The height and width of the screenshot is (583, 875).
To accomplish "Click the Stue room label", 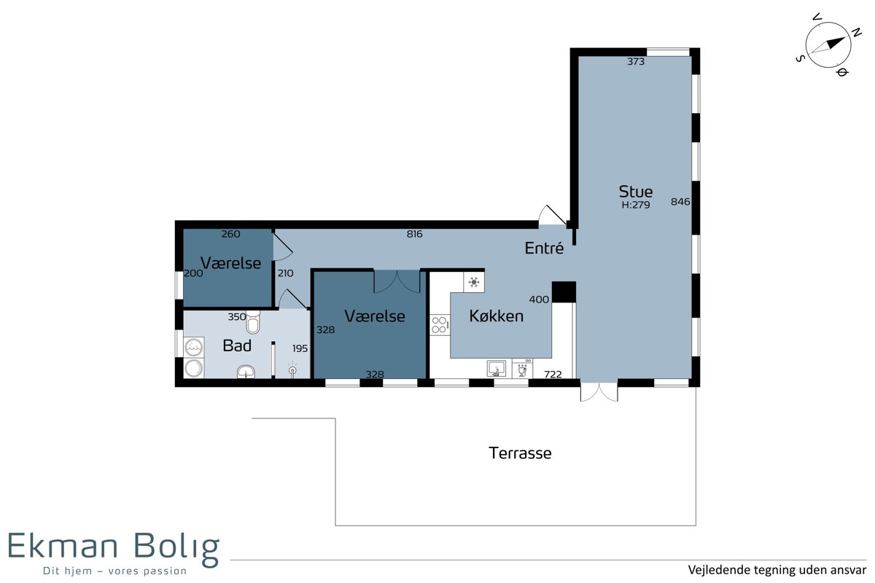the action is pyautogui.click(x=636, y=192).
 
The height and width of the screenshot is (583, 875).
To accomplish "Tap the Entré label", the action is pyautogui.click(x=544, y=248).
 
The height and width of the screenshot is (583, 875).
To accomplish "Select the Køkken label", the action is pyautogui.click(x=496, y=316).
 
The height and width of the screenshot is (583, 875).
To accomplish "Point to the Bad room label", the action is pyautogui.click(x=237, y=345).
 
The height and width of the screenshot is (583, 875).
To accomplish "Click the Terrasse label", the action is pyautogui.click(x=520, y=453).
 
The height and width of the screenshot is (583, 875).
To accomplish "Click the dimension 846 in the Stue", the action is pyautogui.click(x=680, y=201).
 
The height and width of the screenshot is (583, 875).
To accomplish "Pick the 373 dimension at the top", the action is pyautogui.click(x=636, y=61).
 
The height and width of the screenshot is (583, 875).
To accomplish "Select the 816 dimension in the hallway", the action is pyautogui.click(x=414, y=234).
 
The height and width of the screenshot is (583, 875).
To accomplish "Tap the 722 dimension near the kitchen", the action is pyautogui.click(x=553, y=374).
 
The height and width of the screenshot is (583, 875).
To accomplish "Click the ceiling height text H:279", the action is pyautogui.click(x=636, y=205).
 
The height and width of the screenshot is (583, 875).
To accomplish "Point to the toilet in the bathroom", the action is pyautogui.click(x=253, y=322).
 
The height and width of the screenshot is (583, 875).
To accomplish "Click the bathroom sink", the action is pyautogui.click(x=246, y=372).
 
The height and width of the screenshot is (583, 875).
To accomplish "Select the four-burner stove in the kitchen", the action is pyautogui.click(x=440, y=325).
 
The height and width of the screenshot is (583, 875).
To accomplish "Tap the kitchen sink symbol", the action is pyautogui.click(x=497, y=368).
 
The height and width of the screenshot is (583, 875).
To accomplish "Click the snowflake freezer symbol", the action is pyautogui.click(x=474, y=282).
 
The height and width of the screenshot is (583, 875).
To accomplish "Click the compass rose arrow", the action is pyautogui.click(x=828, y=45).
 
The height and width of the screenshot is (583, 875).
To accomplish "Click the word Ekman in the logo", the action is pyautogui.click(x=63, y=546).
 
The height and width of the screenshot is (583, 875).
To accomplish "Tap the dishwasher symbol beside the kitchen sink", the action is pyautogui.click(x=522, y=368).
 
